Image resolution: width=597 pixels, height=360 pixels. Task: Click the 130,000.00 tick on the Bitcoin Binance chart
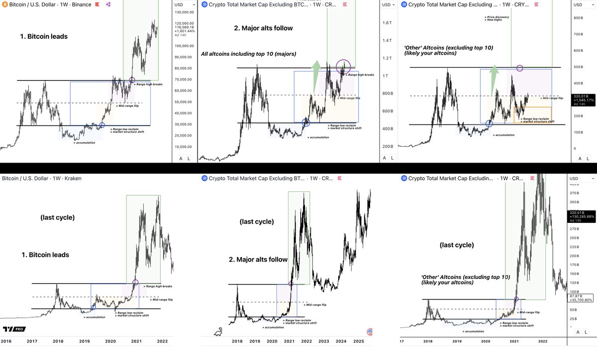(x=185, y=12)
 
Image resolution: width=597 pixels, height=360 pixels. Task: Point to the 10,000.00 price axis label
(x=184, y=147)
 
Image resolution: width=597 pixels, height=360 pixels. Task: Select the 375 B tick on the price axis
(x=575, y=193)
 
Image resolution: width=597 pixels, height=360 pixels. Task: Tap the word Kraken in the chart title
(x=71, y=178)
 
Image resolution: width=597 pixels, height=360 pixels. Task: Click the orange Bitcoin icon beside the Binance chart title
(x=4, y=4)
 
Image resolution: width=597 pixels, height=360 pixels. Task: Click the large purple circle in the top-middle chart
(x=344, y=67)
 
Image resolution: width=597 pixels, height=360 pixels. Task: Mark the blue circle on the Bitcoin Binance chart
(x=102, y=125)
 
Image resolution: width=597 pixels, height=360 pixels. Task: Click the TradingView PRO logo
(x=14, y=329)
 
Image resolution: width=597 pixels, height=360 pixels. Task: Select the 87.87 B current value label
(x=575, y=296)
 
